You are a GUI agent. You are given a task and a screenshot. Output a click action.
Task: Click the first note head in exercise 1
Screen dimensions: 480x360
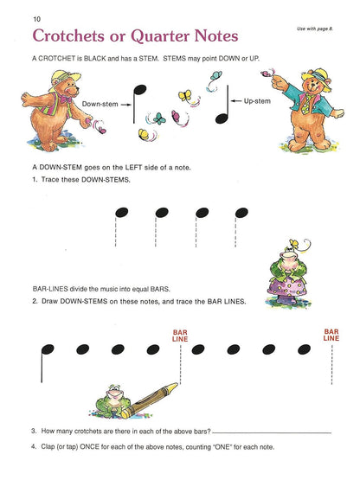pyautogui.click(x=120, y=212)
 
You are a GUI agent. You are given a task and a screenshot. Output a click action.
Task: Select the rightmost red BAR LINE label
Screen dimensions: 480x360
pyautogui.click(x=331, y=334)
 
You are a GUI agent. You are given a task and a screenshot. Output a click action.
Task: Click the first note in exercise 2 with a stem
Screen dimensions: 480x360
pyautogui.click(x=45, y=349)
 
